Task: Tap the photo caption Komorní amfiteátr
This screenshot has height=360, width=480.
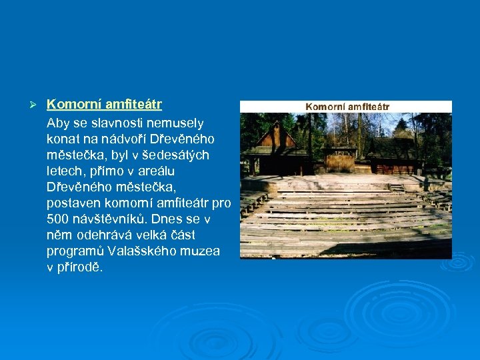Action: tap(347, 107)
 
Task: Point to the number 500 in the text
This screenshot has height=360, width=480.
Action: tap(57, 219)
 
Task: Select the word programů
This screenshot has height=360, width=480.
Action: tap(73, 251)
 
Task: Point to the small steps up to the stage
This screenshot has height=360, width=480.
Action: tap(397, 188)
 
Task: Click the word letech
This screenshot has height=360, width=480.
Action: tap(63, 171)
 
